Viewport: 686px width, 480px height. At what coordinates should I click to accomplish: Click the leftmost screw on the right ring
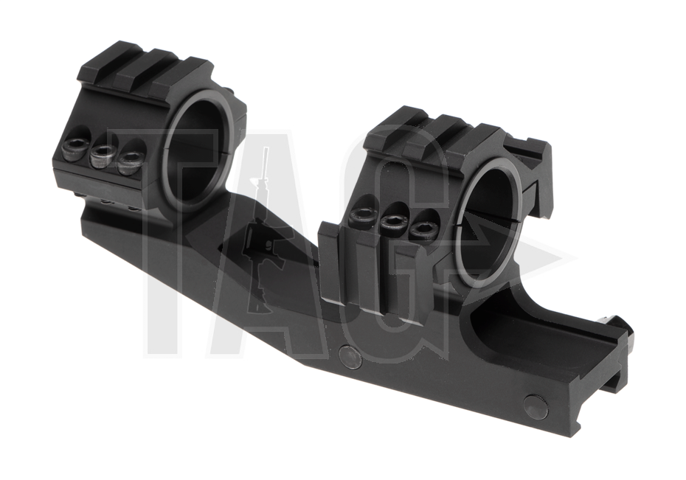(x=364, y=216)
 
